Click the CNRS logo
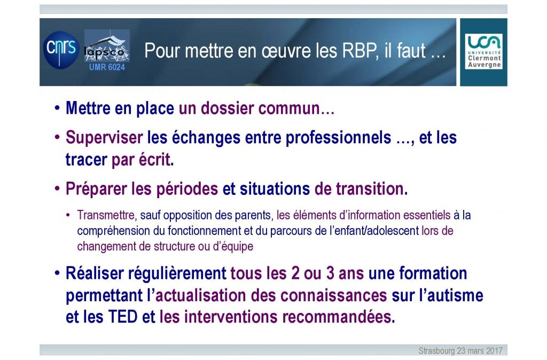pyautogui.click(x=61, y=50)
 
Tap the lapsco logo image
pyautogui.click(x=107, y=46)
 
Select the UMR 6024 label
pyautogui.click(x=107, y=67)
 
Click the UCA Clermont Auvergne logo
pyautogui.click(x=483, y=51)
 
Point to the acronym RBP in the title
pyautogui.click(x=360, y=51)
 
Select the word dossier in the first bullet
pyautogui.click(x=227, y=108)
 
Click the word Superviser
pyautogui.click(x=104, y=138)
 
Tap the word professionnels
pyautogui.click(x=338, y=138)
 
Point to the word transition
pyautogui.click(x=372, y=189)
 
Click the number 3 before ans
pyautogui.click(x=330, y=273)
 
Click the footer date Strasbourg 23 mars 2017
pyautogui.click(x=460, y=350)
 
